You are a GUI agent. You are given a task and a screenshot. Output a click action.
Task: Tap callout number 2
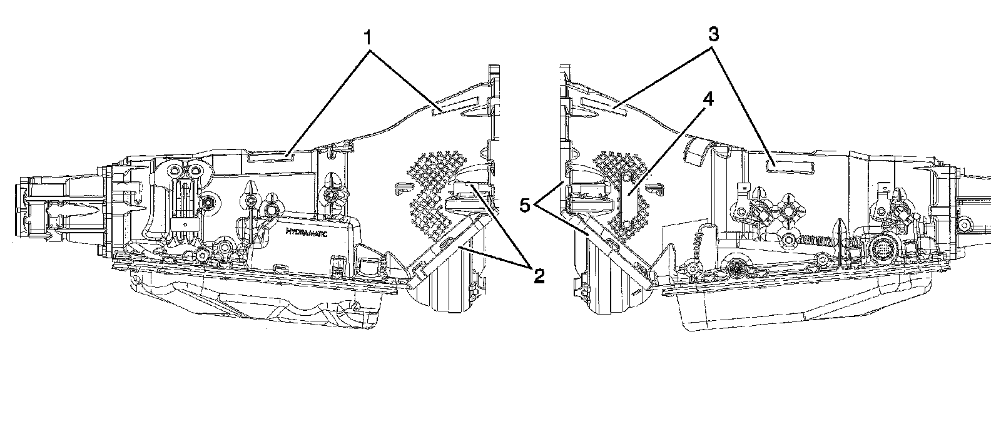(536, 275)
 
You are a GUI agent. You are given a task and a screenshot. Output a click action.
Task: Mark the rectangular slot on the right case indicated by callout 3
(790, 164)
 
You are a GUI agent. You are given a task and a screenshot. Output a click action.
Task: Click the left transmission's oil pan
(263, 300)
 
